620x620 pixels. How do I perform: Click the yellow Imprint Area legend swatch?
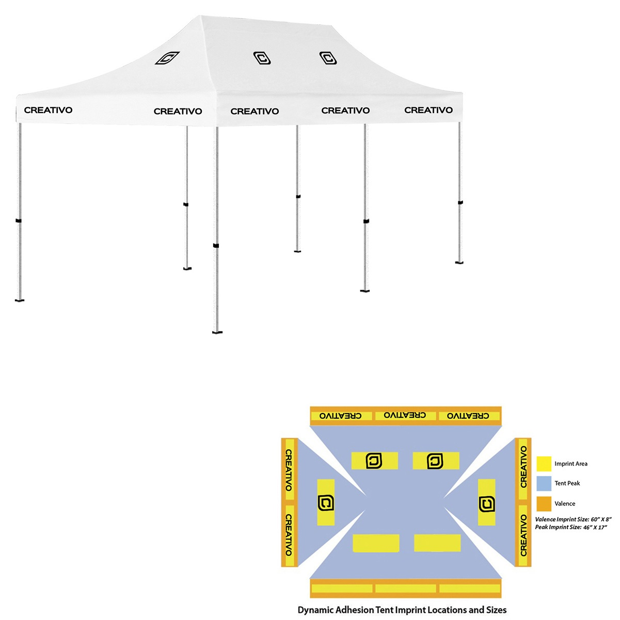pos(544,464)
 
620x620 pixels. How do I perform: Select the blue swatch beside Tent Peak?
pos(544,483)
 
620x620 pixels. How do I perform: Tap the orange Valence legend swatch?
pos(544,503)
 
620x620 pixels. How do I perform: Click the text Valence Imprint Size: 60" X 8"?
pos(573,519)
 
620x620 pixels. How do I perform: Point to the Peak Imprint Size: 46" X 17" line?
pos(571,528)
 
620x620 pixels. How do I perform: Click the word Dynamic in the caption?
pos(315,610)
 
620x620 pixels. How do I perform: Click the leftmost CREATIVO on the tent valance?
pos(48,110)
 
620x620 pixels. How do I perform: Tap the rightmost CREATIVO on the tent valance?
pos(428,110)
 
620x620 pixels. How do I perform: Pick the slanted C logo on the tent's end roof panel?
pos(167,58)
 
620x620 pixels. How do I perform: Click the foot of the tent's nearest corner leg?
pos(217,332)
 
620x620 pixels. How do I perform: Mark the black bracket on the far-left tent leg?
pos(19,221)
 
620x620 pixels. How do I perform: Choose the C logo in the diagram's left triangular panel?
pos(326,503)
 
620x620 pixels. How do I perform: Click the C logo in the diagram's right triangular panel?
pos(486,504)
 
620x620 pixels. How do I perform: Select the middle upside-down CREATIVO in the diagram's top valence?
pos(404,416)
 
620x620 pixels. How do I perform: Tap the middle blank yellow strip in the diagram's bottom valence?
pos(405,588)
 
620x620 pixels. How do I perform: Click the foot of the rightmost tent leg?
pos(459,262)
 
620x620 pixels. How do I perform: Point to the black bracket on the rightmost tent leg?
pos(460,202)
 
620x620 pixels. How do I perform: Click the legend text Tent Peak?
pos(567,483)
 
